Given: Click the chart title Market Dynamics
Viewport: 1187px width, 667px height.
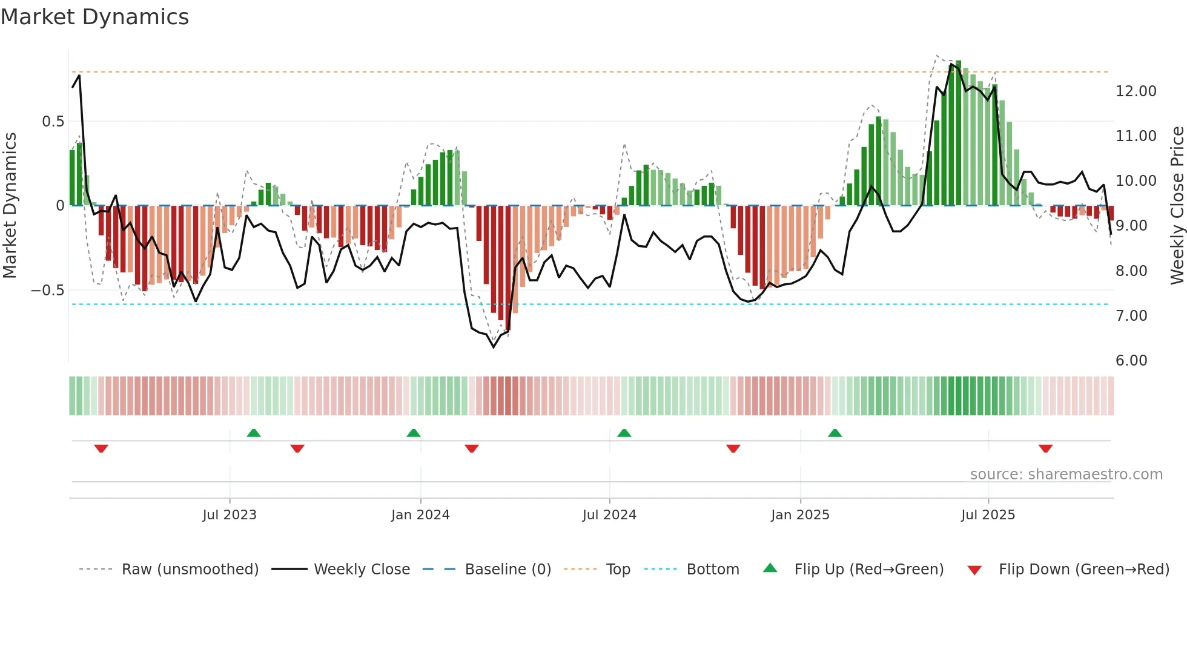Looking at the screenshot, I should click(x=94, y=17).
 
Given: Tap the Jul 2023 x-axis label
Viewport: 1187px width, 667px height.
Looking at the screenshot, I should click(x=230, y=514).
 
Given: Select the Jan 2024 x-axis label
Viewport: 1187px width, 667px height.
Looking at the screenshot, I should click(x=420, y=514).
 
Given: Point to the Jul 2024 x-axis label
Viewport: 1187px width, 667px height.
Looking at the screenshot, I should click(x=609, y=514).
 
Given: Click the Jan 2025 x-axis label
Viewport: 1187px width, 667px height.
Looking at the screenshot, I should click(x=800, y=514).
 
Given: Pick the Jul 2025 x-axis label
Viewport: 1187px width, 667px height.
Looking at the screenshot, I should click(x=988, y=514).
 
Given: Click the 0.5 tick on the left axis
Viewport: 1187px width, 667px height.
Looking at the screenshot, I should click(x=53, y=122).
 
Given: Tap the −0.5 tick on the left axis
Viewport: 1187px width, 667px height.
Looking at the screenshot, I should click(x=47, y=291).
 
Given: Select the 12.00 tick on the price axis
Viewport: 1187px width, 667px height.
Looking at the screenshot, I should click(x=1136, y=91).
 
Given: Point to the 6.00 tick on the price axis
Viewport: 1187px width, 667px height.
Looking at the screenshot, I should click(x=1131, y=361).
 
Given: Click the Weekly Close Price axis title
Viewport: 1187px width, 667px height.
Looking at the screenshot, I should click(x=1177, y=205).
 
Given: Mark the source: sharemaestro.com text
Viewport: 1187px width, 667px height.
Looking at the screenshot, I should click(x=1066, y=474).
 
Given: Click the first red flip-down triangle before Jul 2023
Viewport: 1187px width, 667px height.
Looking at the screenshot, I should click(x=101, y=448).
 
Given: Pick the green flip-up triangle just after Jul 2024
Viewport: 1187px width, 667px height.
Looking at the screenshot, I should click(x=624, y=433).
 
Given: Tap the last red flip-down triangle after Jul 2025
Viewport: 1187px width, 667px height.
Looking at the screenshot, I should click(x=1045, y=448).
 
